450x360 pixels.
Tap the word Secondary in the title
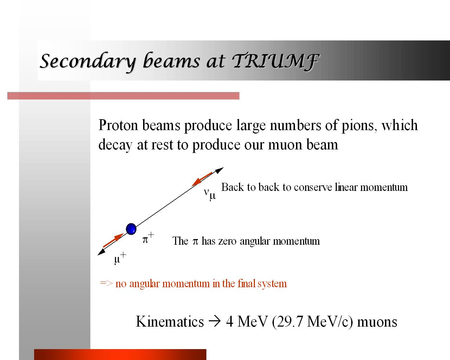[88, 62]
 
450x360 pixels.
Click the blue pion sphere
[131, 229]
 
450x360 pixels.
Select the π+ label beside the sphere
[148, 238]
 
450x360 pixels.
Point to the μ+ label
[120, 259]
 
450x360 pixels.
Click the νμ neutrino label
[210, 194]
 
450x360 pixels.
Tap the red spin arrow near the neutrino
[202, 179]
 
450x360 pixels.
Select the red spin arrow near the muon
[113, 240]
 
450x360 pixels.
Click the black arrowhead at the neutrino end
[219, 170]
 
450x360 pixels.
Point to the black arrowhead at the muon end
[101, 252]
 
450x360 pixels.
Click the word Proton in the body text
[118, 126]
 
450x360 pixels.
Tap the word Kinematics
[169, 322]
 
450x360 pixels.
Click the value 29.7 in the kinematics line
[290, 322]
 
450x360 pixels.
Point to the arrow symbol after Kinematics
[215, 322]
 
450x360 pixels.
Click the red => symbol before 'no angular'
[106, 283]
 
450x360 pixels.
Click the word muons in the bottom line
[377, 322]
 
